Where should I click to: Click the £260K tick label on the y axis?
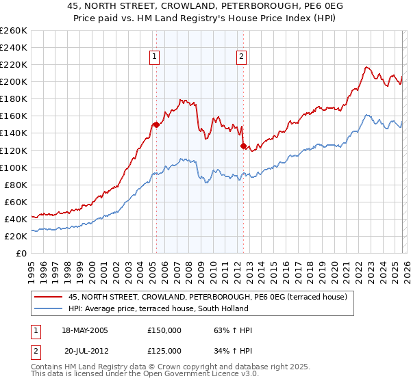14,30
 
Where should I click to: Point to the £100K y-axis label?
14,168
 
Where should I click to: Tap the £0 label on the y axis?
22,253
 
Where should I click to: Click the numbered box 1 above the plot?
155,57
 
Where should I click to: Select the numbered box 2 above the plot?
242,57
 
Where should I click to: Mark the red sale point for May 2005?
156,124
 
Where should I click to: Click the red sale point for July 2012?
243,146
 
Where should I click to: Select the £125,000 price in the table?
165,351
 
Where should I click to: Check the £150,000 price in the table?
165,330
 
